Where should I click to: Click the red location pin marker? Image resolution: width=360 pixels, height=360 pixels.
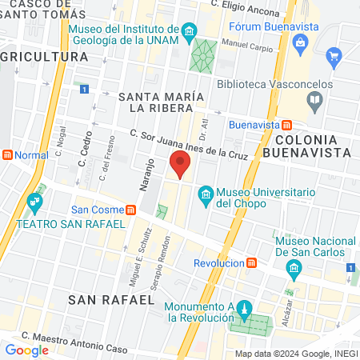point(180,166)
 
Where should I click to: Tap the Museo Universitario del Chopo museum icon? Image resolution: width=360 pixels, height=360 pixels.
point(206,194)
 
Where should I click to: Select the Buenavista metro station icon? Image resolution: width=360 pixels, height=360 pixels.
point(287,126)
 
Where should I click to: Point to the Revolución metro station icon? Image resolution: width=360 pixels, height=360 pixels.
point(252,262)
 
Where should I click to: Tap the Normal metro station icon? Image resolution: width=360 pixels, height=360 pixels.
point(6,154)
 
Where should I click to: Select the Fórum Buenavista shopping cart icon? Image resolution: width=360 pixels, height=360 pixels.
point(334,57)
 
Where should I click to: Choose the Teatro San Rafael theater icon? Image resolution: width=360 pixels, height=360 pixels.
point(34,201)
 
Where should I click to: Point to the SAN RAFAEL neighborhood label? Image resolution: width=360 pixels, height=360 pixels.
point(111,299)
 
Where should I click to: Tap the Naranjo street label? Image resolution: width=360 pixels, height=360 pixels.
point(147,178)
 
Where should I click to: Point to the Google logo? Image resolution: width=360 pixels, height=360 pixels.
point(26,350)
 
